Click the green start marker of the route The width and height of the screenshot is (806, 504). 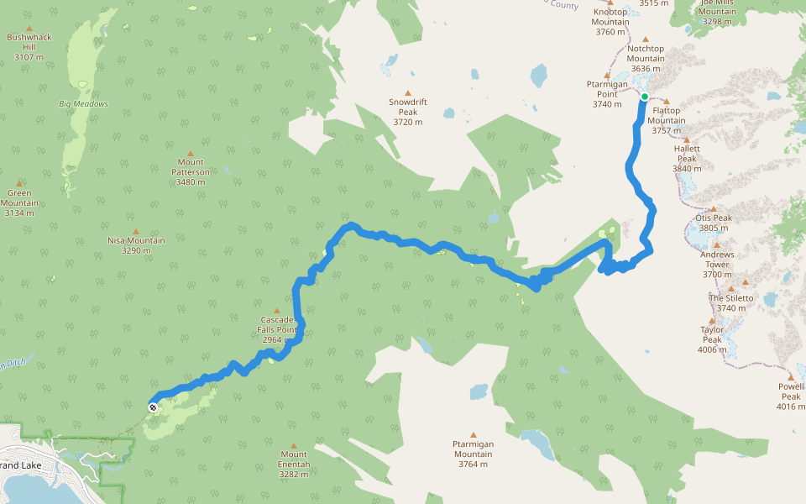tap(645, 97)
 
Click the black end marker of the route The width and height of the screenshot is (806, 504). tap(153, 407)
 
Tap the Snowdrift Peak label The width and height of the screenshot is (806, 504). tap(408, 112)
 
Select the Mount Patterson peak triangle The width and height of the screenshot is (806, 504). tap(191, 151)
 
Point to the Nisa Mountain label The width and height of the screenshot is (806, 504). tap(136, 245)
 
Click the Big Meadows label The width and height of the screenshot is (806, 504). tap(83, 104)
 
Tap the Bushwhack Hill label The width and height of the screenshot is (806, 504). tap(29, 47)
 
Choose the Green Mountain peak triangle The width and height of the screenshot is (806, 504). tap(19, 182)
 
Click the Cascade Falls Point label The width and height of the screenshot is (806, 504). tap(277, 330)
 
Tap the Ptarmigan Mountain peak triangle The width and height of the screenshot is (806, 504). tap(473, 434)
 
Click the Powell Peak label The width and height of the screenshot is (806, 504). tap(790, 396)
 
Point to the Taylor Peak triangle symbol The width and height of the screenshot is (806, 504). tap(712, 320)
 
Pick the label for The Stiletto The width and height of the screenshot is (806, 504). tap(731, 303)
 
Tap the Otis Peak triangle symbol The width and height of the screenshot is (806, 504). tap(714, 209)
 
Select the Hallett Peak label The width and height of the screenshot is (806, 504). tap(687, 158)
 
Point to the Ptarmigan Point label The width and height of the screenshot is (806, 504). tap(606, 94)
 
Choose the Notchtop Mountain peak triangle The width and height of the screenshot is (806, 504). tap(646, 39)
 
